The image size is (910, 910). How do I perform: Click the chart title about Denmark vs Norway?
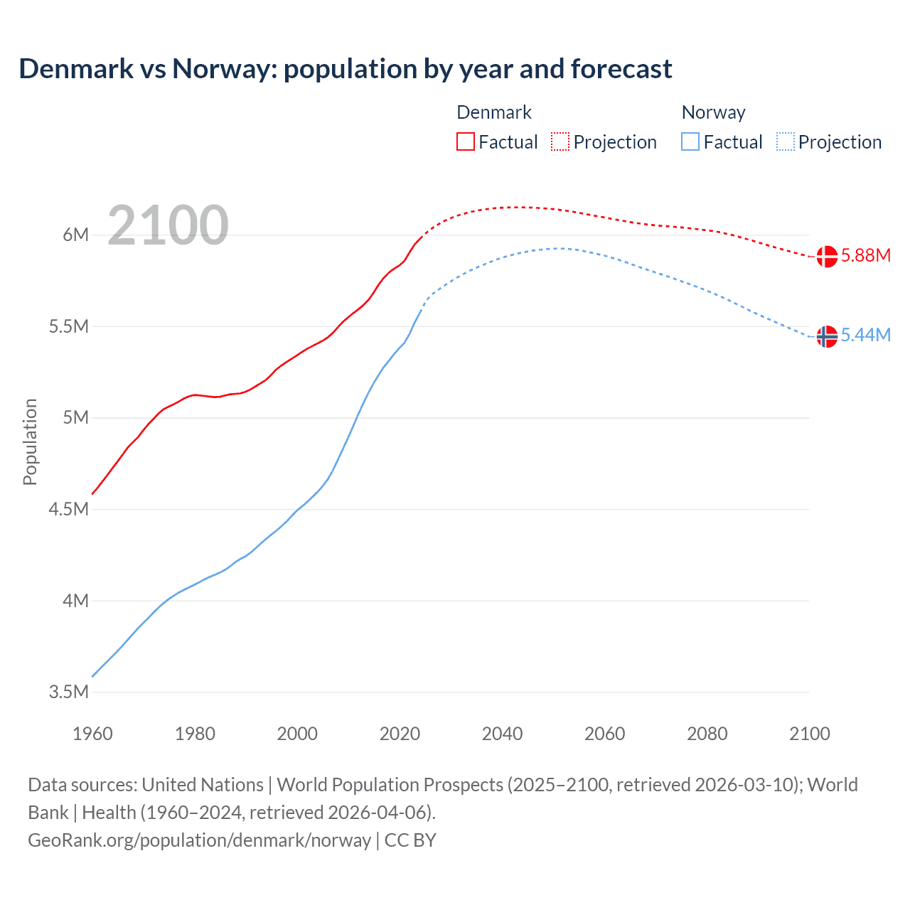(346, 69)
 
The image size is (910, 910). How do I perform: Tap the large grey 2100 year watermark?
(168, 225)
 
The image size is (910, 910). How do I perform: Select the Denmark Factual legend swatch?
(465, 141)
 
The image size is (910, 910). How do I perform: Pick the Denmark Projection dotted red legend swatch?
(560, 141)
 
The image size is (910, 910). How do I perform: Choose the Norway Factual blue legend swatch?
(690, 141)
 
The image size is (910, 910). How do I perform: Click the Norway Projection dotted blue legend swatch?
(785, 141)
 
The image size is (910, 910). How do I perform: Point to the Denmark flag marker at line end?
(826, 256)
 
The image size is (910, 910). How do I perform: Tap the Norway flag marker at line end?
(826, 336)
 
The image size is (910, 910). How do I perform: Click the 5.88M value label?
(865, 256)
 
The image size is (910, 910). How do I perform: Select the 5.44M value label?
(865, 336)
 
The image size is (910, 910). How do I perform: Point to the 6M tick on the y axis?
(75, 235)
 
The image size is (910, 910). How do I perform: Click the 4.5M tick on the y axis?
(68, 509)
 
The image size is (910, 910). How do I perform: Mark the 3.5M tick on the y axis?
(68, 692)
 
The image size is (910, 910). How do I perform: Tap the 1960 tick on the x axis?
(92, 734)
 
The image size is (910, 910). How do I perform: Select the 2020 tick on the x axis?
(400, 734)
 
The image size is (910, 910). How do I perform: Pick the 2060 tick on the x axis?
(604, 734)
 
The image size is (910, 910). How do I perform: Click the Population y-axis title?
(30, 441)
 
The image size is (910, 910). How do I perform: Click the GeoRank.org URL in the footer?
(199, 840)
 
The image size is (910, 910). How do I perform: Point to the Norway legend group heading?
(713, 112)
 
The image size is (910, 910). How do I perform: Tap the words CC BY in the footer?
(410, 840)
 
